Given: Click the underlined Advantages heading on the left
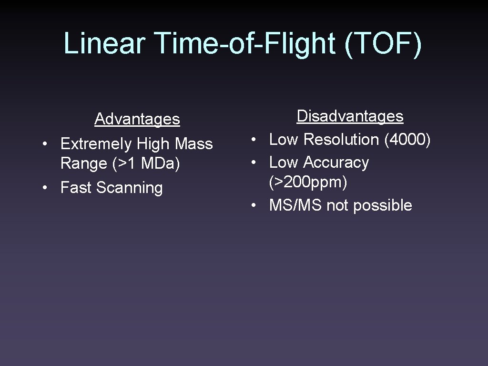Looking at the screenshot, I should [x=137, y=119].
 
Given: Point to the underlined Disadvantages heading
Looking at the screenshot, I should [x=350, y=116].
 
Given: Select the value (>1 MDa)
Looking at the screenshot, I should [x=146, y=163].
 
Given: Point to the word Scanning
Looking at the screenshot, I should [x=129, y=187].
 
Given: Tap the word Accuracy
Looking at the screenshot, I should [x=335, y=162].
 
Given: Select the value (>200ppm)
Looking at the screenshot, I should [x=308, y=182].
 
